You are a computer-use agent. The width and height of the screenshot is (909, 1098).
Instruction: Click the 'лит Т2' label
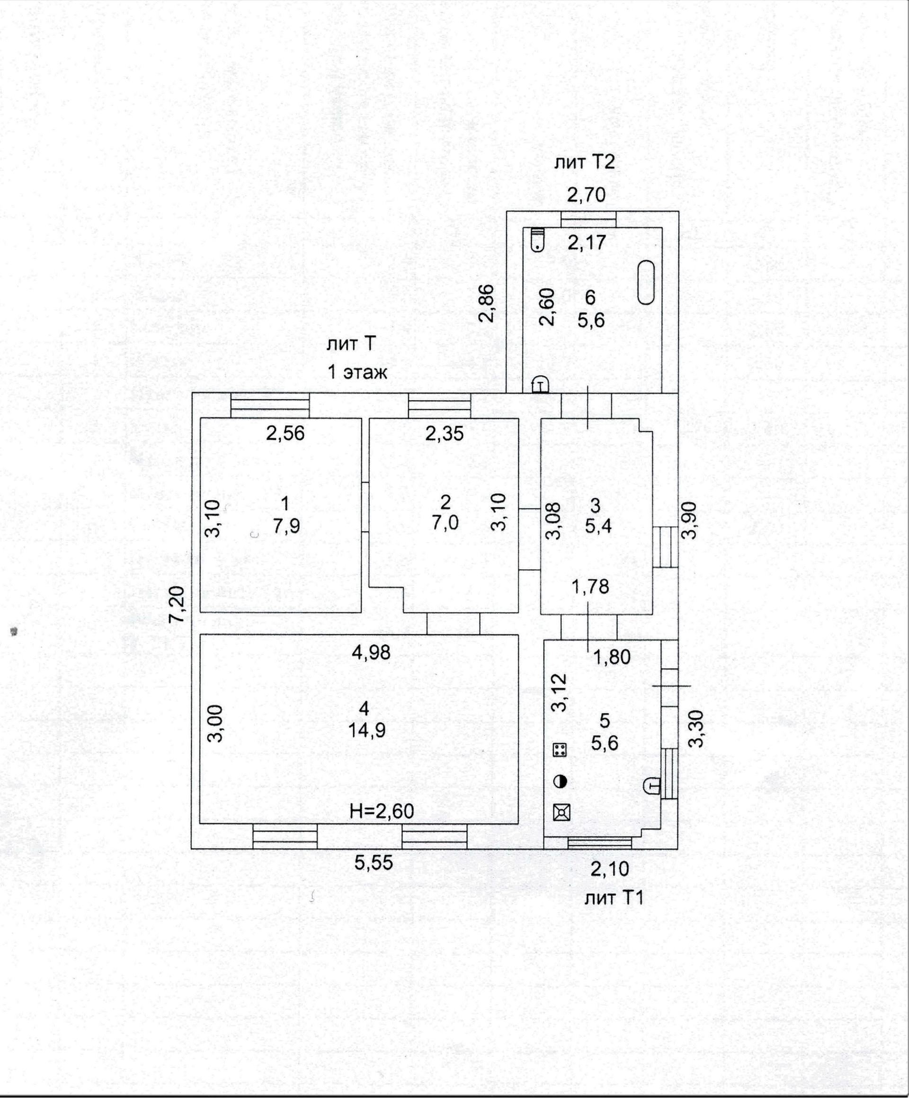click(x=584, y=162)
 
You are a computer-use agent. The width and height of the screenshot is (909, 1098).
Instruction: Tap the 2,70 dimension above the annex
click(x=587, y=195)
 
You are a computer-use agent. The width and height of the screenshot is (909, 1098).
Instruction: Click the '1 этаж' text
click(x=357, y=373)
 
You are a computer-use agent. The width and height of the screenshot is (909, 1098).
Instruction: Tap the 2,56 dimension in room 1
click(x=285, y=433)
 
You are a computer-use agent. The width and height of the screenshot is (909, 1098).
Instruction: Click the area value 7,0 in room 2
click(x=446, y=522)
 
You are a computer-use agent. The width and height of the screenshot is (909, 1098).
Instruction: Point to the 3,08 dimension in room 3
click(x=553, y=521)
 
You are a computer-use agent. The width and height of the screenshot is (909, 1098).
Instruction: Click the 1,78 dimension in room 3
click(x=590, y=587)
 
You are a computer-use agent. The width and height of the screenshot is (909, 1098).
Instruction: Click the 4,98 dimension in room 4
click(x=371, y=652)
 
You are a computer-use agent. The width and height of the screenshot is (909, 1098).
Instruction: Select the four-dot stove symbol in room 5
click(x=560, y=750)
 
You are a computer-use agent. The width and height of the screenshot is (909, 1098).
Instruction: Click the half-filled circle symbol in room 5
click(x=561, y=782)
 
